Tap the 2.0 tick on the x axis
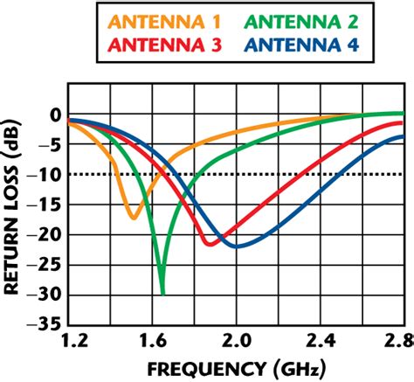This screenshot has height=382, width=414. point(237,337)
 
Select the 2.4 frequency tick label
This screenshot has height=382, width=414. point(321,337)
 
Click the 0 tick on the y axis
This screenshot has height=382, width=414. point(54,115)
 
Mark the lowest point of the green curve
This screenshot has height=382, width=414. point(162,293)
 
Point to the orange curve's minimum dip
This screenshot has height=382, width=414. point(133,217)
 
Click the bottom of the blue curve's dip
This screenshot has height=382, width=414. point(237,247)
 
